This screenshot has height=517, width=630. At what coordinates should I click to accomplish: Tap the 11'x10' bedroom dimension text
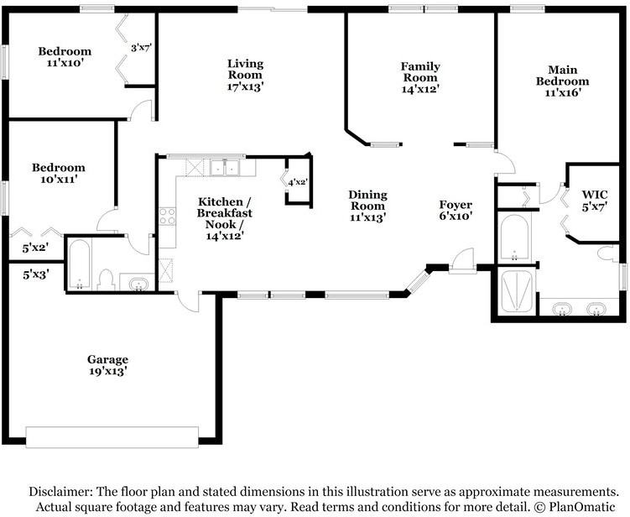(65, 63)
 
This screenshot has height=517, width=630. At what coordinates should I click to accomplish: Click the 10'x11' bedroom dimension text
(59, 179)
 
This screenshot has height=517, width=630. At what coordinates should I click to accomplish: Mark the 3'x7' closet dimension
(141, 48)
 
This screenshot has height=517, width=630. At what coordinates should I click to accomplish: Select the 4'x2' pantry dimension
(298, 182)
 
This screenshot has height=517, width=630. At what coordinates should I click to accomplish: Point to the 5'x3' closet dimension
(36, 274)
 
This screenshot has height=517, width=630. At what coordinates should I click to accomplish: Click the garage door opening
(112, 437)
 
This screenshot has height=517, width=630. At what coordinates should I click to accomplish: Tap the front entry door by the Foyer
(462, 261)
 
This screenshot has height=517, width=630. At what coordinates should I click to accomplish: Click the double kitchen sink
(225, 168)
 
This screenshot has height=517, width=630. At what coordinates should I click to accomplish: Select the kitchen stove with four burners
(167, 217)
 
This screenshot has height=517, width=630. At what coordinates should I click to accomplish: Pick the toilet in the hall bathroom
(106, 279)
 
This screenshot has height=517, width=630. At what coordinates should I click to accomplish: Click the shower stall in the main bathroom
(517, 291)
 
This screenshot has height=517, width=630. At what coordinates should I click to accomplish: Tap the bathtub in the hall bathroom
(79, 264)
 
